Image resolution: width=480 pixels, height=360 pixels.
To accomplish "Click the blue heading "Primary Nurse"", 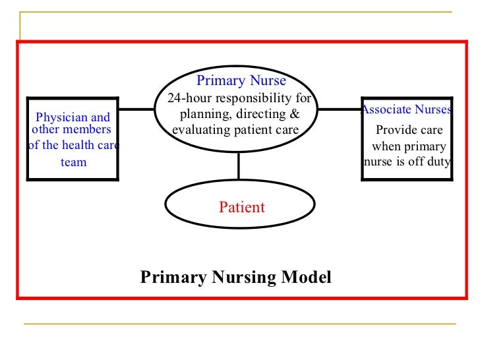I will click(x=241, y=81).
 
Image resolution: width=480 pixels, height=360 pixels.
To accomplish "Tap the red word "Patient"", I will click(x=241, y=207).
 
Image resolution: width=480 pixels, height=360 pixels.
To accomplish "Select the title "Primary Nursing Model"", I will click(x=236, y=277).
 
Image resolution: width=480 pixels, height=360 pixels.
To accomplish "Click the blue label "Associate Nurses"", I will click(x=406, y=110).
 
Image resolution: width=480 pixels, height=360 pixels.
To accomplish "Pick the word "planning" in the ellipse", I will click(x=202, y=114).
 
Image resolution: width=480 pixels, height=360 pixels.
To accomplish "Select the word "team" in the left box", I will click(x=73, y=162).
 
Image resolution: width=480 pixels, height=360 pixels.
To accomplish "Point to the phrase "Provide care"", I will click(x=409, y=130).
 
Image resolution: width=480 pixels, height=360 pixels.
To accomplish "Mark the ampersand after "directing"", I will click(x=295, y=114).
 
